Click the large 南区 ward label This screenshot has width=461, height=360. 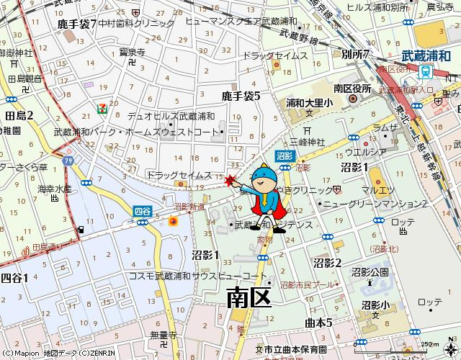click(x=249, y=296)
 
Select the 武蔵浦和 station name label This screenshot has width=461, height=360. click(x=425, y=54)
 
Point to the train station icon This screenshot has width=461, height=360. click(x=426, y=71)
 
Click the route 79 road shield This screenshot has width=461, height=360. click(x=67, y=160)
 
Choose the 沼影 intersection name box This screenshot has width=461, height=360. click(x=284, y=156)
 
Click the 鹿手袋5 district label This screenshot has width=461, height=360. click(x=241, y=95)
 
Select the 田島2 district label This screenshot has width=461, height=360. click(x=19, y=115)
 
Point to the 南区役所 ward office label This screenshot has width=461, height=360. click(x=352, y=89)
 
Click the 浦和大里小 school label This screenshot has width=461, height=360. click(x=309, y=103)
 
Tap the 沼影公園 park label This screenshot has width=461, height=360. click(x=370, y=271)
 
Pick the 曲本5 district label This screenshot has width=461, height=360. click(x=318, y=322)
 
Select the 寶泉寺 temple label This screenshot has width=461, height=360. click(x=133, y=52)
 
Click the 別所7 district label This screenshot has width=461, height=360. click(x=356, y=54)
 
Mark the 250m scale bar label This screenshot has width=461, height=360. click(x=429, y=344)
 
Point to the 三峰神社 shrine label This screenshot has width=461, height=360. click(x=308, y=141)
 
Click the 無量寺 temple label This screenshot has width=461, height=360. click(x=163, y=334)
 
